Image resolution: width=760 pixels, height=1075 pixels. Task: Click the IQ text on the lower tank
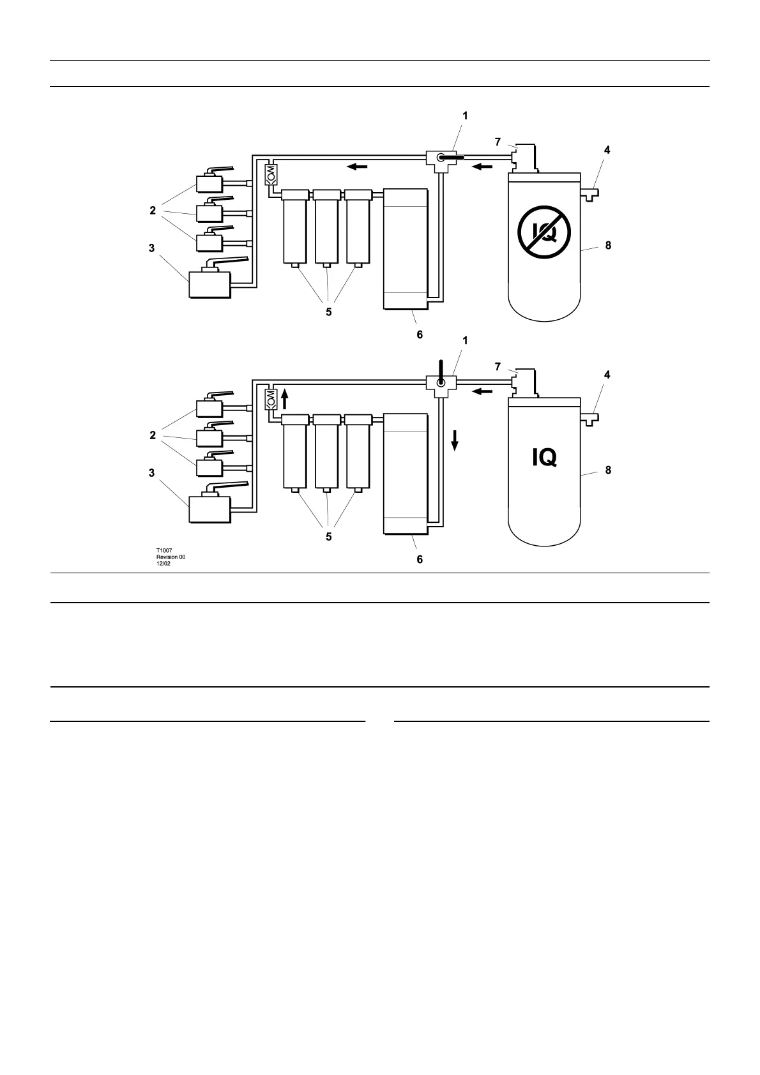pos(544,457)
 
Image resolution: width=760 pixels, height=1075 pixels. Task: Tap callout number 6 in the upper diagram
pos(420,335)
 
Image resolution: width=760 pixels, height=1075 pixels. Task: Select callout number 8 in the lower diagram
pos(608,470)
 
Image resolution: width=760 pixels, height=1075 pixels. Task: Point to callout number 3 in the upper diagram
pos(152,248)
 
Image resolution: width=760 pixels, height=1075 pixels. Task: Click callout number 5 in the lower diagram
pos(329,537)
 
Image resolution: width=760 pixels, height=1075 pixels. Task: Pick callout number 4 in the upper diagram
pos(607,150)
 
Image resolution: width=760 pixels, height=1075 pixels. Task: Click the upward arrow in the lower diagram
pos(285,400)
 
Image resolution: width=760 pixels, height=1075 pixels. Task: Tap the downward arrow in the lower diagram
pos(455,440)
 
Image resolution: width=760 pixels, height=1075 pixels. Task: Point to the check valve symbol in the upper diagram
pos(270,174)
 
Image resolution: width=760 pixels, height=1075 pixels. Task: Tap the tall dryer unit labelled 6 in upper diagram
pos(404,249)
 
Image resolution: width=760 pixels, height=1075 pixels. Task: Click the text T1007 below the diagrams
pos(164,550)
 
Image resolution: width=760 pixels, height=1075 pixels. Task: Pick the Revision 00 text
pos(171,557)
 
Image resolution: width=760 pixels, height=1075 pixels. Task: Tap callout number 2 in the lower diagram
pos(153,435)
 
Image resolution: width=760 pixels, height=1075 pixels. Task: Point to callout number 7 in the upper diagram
pos(498,142)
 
